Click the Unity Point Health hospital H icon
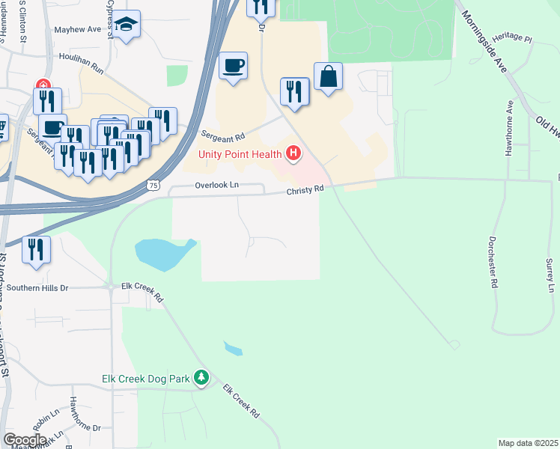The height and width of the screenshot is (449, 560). pos(293,155)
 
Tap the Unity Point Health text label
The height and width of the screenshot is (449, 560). pos(240,155)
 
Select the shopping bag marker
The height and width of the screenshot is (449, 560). pos(328,76)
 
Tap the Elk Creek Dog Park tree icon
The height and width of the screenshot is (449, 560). pos(201,378)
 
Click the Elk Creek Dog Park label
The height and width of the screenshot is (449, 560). pos(147,379)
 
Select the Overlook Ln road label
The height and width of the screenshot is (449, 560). pos(217,185)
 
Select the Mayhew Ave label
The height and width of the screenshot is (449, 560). pos(78,30)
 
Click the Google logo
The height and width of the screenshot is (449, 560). pos(24,439)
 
